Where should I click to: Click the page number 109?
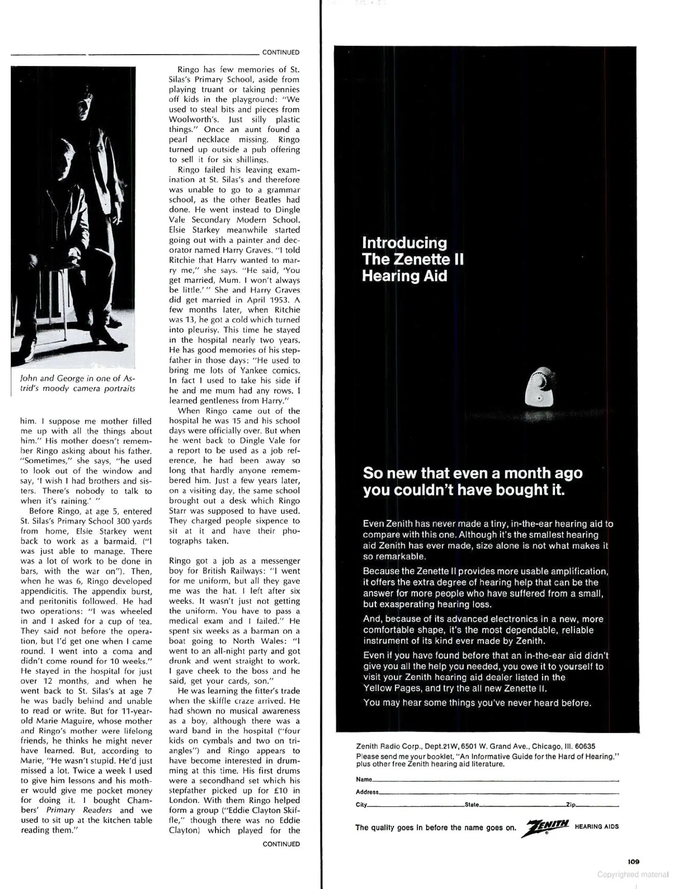point(633,861)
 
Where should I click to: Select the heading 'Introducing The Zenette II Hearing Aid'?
point(413,259)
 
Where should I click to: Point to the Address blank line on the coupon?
point(498,793)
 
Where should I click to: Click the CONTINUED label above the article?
point(281,52)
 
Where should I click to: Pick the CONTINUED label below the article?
point(281,844)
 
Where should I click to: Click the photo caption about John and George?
point(77,383)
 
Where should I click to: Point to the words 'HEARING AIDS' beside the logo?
point(596,827)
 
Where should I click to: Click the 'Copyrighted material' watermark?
point(632,874)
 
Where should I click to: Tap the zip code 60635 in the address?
point(585,746)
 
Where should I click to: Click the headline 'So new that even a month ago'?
point(472,473)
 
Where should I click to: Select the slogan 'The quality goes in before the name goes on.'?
point(435,827)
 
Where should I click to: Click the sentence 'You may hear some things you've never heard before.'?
point(477,703)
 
